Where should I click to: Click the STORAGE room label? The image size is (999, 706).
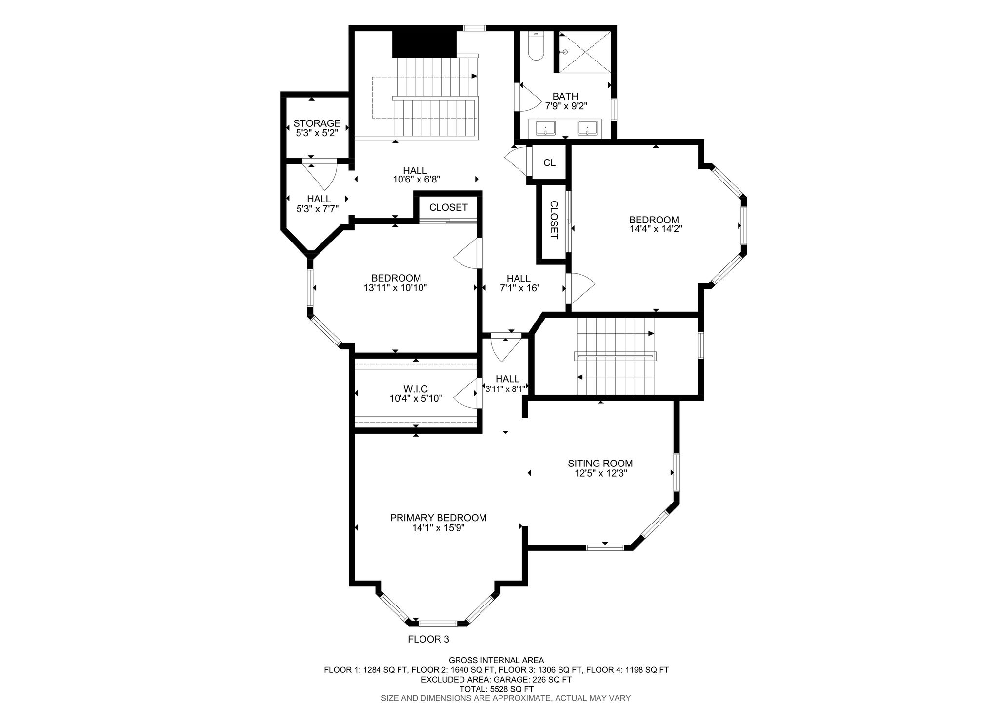317,123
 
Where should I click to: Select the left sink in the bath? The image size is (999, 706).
545,128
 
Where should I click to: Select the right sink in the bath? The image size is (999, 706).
587,128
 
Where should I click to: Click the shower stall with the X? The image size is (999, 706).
585,52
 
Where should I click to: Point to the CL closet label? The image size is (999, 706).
549,163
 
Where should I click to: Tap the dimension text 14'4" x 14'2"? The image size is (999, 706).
656,229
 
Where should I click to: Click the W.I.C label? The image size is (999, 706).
416,389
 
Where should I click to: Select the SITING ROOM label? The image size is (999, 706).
600,464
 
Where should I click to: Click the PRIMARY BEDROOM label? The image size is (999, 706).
438,518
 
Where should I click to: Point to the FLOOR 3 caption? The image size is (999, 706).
428,639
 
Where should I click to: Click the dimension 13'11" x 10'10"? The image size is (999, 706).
395,288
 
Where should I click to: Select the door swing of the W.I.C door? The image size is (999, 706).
466,394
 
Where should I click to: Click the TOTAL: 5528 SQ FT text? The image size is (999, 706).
496,689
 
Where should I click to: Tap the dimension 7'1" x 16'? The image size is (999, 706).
519,288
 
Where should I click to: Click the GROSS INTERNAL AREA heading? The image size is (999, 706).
496,660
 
